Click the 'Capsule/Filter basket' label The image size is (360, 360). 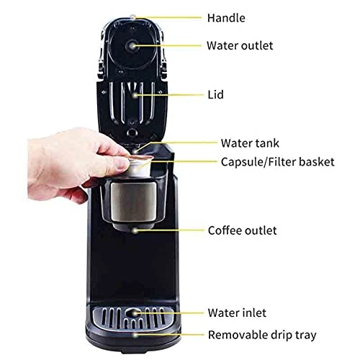tap(277, 162)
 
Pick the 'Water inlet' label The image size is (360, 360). tap(237, 312)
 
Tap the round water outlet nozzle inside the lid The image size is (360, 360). tap(132, 45)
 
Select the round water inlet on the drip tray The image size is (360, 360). tap(136, 313)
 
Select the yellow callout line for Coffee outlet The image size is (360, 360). tap(169, 231)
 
